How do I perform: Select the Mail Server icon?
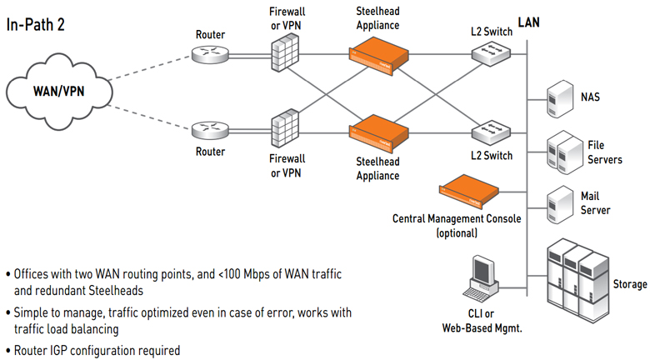click(x=557, y=203)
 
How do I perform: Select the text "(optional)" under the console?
click(x=457, y=233)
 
